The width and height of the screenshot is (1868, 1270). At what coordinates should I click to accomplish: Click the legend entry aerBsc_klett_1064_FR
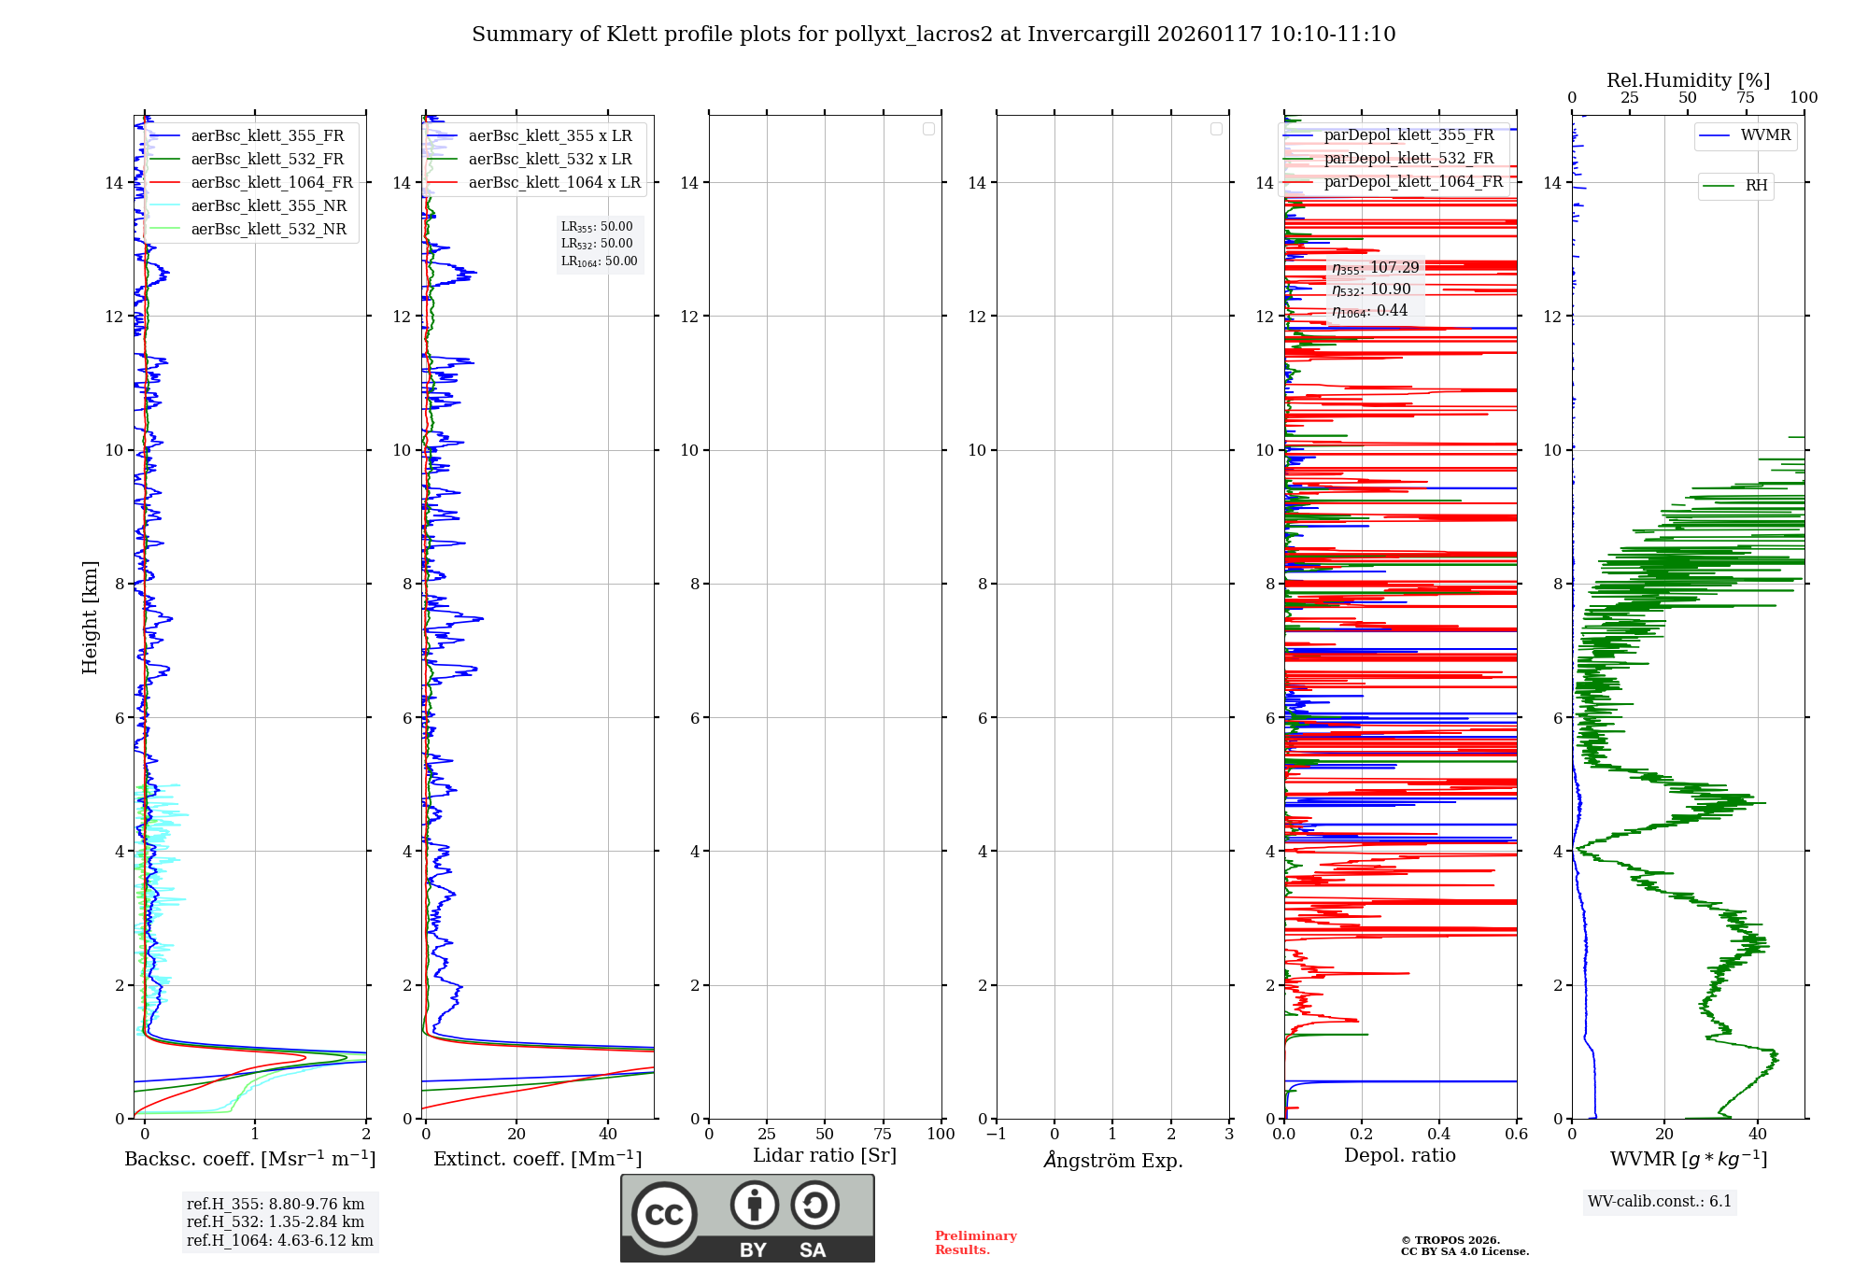(272, 183)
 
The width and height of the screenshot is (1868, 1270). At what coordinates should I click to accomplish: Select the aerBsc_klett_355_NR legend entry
(268, 206)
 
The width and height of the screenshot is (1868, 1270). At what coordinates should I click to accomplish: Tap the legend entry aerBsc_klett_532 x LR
(549, 160)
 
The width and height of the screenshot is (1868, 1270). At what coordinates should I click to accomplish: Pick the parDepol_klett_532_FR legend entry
(1408, 159)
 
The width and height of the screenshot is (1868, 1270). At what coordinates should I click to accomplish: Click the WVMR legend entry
(1765, 135)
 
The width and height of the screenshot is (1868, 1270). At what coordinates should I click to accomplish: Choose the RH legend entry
(1756, 186)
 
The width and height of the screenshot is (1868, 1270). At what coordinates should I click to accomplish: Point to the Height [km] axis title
(90, 617)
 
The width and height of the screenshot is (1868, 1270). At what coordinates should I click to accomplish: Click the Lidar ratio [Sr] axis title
(825, 1156)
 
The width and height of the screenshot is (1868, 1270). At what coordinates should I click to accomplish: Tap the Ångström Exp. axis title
(1113, 1161)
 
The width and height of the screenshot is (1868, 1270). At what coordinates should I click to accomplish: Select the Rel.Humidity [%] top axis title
(1688, 80)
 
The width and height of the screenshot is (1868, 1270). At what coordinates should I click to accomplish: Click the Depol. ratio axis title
(1399, 1156)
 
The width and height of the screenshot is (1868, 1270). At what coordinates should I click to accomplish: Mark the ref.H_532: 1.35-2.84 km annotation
(276, 1222)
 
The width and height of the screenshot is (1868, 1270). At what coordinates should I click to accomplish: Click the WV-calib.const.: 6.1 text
(1660, 1202)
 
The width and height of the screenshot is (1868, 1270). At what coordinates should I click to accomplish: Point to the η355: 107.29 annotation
(1375, 269)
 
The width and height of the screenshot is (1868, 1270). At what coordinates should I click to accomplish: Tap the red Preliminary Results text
(975, 1243)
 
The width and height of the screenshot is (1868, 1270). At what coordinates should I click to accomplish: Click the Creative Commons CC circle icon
(664, 1214)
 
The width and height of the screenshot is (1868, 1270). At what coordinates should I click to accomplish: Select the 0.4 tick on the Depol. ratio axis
(1438, 1135)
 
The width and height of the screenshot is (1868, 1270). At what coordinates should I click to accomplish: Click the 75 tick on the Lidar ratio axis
(883, 1135)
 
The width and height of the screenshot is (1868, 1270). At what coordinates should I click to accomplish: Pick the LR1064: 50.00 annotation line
(599, 261)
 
